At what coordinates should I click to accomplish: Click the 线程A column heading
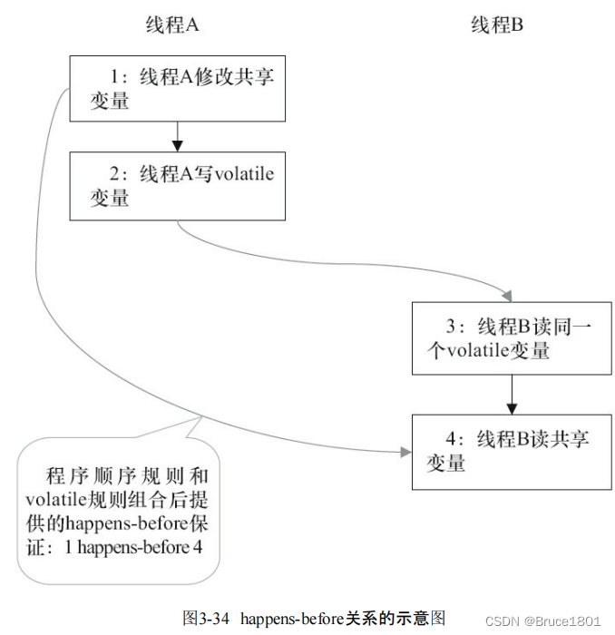point(172,25)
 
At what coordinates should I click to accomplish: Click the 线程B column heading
point(497,25)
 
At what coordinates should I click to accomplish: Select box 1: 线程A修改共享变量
point(177,89)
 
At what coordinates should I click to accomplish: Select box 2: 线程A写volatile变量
point(177,185)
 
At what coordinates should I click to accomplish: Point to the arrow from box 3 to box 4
point(512,394)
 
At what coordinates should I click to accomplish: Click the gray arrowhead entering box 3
point(506,295)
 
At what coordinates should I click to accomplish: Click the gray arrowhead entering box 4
point(405,451)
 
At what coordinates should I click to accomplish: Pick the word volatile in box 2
point(244,174)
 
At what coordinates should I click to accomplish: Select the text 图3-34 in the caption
point(205,619)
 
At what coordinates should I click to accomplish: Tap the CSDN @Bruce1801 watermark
point(543,620)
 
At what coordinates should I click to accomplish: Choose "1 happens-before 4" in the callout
point(132,548)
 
